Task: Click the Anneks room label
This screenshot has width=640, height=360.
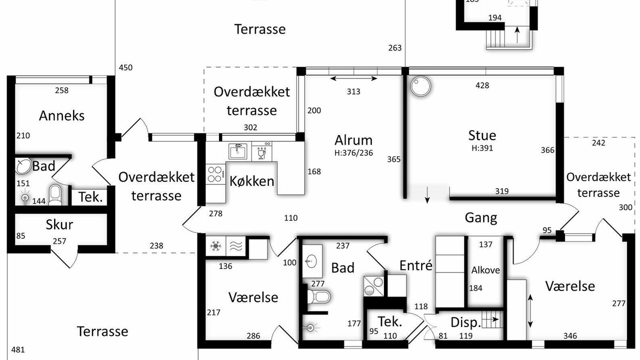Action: tap(61, 115)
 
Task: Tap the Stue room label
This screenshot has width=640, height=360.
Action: tap(482, 135)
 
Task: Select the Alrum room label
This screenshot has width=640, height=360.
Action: tap(353, 140)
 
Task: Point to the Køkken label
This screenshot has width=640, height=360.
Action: tap(251, 181)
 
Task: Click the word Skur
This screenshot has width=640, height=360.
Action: tap(59, 225)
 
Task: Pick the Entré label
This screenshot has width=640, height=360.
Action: tap(415, 265)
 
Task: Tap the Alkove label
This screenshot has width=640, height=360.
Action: tap(485, 270)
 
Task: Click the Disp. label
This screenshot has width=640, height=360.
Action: tap(465, 322)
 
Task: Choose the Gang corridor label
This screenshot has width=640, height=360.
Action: tap(481, 218)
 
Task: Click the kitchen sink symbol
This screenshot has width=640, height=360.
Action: tap(237, 151)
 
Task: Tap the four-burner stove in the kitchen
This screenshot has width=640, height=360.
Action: tap(215, 174)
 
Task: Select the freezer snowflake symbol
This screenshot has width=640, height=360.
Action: tap(215, 245)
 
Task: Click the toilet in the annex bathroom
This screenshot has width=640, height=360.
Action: tap(55, 194)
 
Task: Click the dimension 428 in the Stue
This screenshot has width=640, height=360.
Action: tap(482, 85)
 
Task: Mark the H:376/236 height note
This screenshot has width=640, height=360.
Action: tap(353, 153)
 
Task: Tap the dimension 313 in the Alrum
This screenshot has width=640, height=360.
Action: tap(353, 91)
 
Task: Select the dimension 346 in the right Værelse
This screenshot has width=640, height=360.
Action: tap(570, 336)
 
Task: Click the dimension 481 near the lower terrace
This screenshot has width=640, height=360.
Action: tap(18, 349)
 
